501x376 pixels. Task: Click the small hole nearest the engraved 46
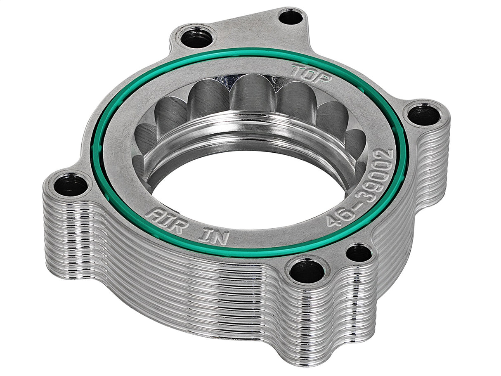click(359, 253)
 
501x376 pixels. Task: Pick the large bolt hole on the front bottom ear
click(307, 271)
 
